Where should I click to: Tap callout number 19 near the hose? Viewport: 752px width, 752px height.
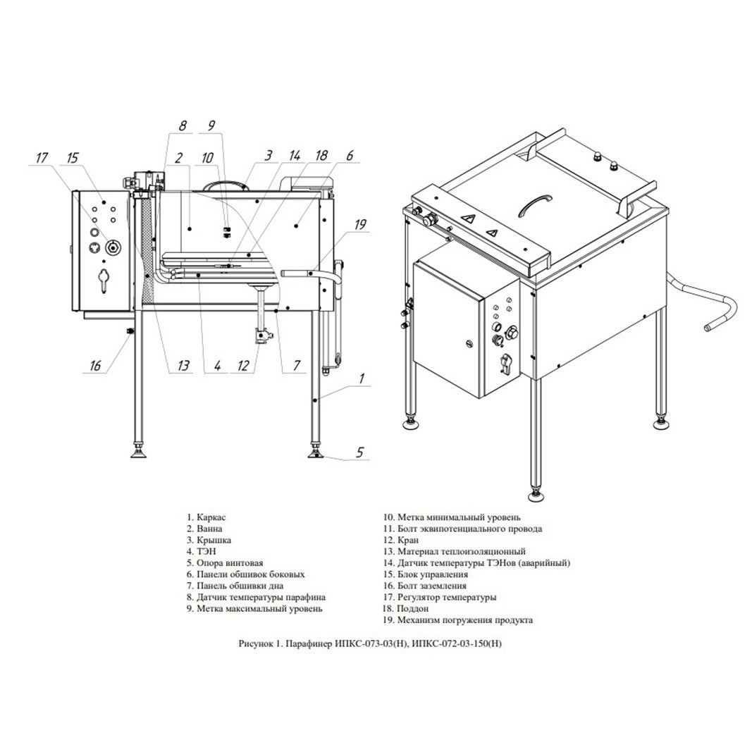(x=360, y=224)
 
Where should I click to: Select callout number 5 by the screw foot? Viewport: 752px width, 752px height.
(x=360, y=452)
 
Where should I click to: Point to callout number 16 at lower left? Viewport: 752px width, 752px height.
(x=95, y=366)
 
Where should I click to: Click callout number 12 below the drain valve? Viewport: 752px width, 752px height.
(x=243, y=366)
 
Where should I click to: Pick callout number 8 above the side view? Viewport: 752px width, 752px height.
(x=183, y=125)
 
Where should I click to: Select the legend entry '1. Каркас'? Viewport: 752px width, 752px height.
(x=207, y=517)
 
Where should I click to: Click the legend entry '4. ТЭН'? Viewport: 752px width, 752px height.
(x=202, y=552)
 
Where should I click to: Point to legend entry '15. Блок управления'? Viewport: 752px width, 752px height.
(x=426, y=574)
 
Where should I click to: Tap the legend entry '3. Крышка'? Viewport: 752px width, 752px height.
(x=209, y=540)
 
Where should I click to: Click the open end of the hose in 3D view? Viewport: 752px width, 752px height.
(x=708, y=328)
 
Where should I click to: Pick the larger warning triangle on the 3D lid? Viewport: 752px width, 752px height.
(x=467, y=218)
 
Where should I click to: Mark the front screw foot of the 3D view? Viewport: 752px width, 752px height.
(x=536, y=495)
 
